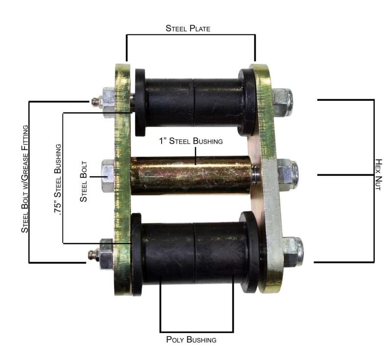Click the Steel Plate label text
click(188, 28)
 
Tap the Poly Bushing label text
click(191, 339)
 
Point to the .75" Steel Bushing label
click(58, 177)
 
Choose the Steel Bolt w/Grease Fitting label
click(25, 179)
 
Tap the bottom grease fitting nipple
click(92, 255)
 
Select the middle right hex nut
click(287, 174)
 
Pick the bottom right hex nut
click(293, 251)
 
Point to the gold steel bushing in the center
click(191, 175)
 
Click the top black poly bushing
click(195, 103)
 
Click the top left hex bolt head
click(108, 102)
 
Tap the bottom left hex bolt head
click(106, 254)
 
